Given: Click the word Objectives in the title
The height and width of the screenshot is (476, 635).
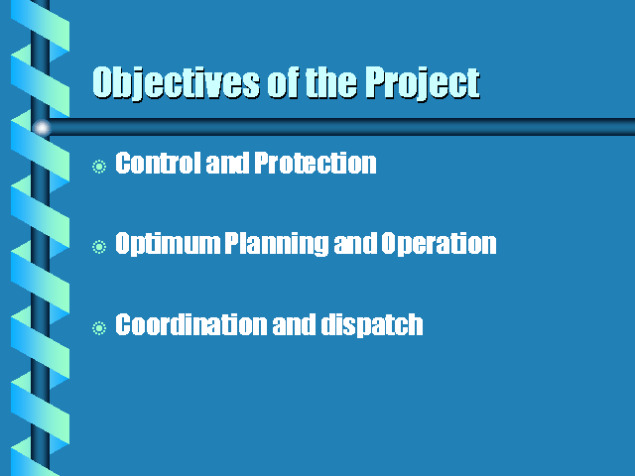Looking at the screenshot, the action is (x=176, y=83).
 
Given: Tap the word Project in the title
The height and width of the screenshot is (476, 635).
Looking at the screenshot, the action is (x=423, y=83).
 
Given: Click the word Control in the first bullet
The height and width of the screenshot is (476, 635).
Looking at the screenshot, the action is (x=159, y=163).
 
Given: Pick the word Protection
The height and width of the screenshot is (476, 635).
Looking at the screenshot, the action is (x=316, y=163).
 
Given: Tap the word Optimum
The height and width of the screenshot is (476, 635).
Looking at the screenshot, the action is (x=168, y=244).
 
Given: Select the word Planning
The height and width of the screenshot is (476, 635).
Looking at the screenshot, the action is (x=277, y=244).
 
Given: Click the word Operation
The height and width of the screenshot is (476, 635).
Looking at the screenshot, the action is (x=439, y=244).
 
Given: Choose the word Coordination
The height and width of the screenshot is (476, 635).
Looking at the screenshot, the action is (x=191, y=324).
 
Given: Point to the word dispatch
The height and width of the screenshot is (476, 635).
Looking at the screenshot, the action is (x=372, y=325).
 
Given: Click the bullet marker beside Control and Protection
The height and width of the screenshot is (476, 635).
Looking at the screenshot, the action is (x=99, y=167).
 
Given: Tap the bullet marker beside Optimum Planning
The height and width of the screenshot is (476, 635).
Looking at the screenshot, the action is (x=99, y=247).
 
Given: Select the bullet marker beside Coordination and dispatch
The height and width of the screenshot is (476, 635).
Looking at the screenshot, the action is (x=99, y=328).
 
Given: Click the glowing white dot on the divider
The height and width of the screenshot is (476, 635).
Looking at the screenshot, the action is (x=42, y=128).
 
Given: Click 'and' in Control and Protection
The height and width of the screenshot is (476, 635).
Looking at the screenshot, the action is (x=228, y=163).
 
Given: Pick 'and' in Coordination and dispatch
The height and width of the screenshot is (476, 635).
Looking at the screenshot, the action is (x=294, y=324).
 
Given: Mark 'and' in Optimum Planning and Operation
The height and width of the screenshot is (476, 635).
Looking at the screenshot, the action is (x=355, y=244).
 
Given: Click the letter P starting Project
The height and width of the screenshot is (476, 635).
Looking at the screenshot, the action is (x=377, y=82).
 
